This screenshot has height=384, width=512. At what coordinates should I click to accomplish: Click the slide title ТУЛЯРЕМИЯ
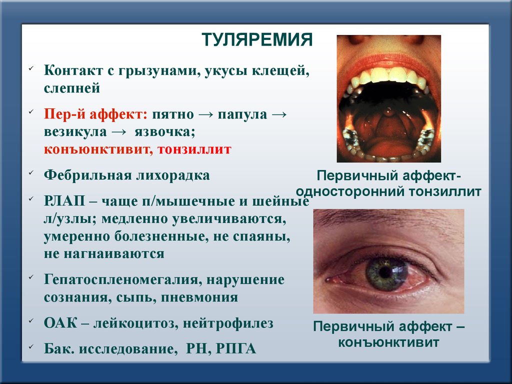pyautogui.click(x=257, y=40)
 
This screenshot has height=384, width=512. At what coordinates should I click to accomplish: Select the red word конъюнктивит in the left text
pyautogui.click(x=98, y=149)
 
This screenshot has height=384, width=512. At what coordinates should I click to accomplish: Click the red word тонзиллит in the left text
pyautogui.click(x=194, y=149)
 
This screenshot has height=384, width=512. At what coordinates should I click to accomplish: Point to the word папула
pyautogui.click(x=242, y=115)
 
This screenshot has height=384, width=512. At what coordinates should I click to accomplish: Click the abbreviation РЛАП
pyautogui.click(x=64, y=201)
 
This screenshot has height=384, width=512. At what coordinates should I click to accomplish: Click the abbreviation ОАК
pyautogui.click(x=60, y=323)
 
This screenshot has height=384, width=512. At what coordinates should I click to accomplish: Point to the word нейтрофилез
pyautogui.click(x=228, y=323)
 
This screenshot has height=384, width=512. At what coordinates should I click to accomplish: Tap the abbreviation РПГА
pyautogui.click(x=236, y=348)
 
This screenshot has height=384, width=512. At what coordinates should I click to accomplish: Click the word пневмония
pyautogui.click(x=199, y=297)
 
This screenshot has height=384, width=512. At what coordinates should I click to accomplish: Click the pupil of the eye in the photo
pyautogui.click(x=385, y=273)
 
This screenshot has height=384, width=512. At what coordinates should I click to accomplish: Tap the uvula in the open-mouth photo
pyautogui.click(x=388, y=112)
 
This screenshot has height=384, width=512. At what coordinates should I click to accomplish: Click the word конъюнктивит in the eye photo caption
pyautogui.click(x=388, y=342)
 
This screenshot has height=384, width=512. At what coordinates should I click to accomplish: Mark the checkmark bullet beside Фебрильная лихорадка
pyautogui.click(x=31, y=172)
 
